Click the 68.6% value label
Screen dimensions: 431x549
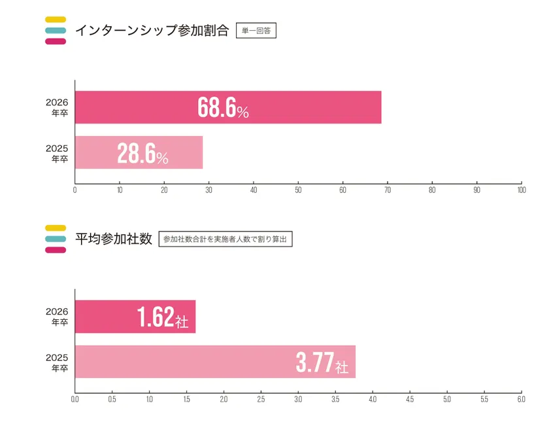[x=223, y=108]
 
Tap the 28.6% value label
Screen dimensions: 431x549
[x=142, y=153]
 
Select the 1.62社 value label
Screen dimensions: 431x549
[x=163, y=317]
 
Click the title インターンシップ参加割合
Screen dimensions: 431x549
[x=152, y=31]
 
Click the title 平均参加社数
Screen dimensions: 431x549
[x=114, y=239]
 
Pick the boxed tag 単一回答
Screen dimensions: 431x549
[x=256, y=31]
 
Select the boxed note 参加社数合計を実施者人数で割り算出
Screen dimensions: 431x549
[x=225, y=239]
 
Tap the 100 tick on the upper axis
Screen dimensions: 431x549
[x=521, y=191]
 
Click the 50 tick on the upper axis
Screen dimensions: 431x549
[x=298, y=191]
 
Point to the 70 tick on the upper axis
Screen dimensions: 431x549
[x=388, y=191]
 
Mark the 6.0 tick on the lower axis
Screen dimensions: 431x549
[x=521, y=399]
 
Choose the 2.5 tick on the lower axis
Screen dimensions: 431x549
[x=261, y=399]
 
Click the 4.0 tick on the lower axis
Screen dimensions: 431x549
[x=373, y=399]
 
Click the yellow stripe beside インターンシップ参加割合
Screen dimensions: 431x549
[x=56, y=19]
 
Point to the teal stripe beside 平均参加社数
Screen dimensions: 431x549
[x=56, y=239]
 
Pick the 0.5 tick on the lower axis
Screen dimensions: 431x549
[x=112, y=399]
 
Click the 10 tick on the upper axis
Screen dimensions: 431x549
[x=120, y=191]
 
